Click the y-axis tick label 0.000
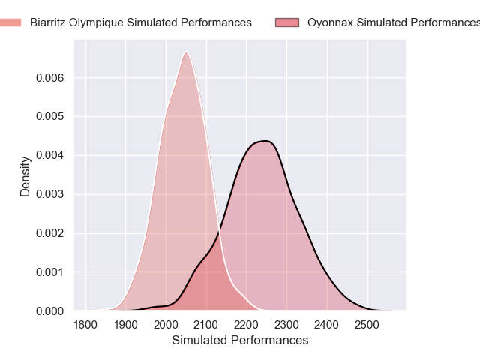point(48,310)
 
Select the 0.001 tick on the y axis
point(48,272)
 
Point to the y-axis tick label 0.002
point(48,233)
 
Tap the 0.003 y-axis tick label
point(48,194)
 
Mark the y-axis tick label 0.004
point(48,156)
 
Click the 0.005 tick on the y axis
point(48,117)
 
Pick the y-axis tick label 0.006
point(48,78)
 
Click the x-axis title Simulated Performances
point(240,340)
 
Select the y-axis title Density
point(25,176)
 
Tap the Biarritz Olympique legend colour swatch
point(10,22)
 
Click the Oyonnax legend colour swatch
point(287,22)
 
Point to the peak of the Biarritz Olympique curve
point(186,52)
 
